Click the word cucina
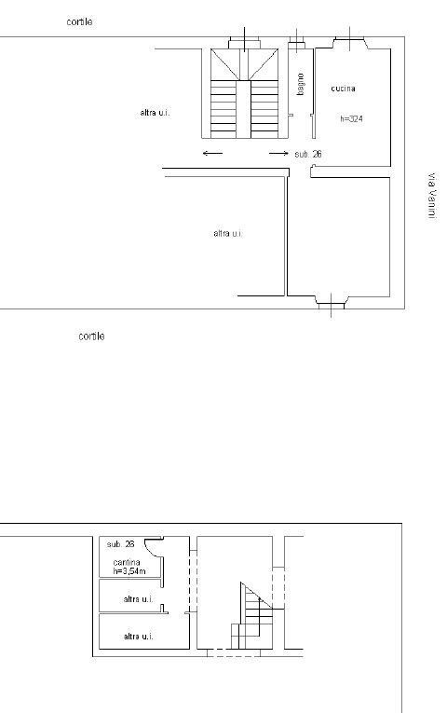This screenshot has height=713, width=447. click(x=343, y=89)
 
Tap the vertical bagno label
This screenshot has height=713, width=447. click(x=300, y=84)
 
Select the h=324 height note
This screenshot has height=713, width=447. click(x=352, y=119)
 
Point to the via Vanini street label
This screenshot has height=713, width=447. click(x=432, y=196)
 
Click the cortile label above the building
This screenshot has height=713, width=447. click(x=79, y=21)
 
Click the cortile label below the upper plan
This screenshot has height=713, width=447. click(x=91, y=336)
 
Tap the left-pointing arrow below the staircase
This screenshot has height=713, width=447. click(x=212, y=153)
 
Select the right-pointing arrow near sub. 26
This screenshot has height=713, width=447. click(x=278, y=153)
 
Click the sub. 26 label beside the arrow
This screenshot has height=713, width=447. click(x=308, y=154)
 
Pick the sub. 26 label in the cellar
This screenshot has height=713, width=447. click(x=120, y=544)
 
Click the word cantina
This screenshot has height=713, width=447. click(x=127, y=563)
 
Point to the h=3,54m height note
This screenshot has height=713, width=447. click(x=129, y=570)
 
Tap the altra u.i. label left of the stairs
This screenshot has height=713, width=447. click(x=155, y=113)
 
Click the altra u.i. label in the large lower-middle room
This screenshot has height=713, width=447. click(x=228, y=233)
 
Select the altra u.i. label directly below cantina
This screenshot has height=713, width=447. click(x=138, y=599)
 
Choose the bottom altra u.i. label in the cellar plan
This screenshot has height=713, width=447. click(x=138, y=637)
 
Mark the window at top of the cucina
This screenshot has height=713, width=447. click(x=350, y=42)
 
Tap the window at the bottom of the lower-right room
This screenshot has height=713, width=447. click(x=331, y=302)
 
